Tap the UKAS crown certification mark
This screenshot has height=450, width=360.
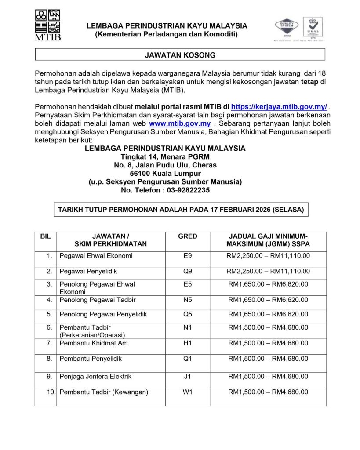tap(313, 27)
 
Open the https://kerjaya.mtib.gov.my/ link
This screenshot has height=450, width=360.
tap(279, 107)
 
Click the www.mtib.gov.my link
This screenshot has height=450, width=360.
tap(180, 123)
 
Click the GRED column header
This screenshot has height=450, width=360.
tap(187, 236)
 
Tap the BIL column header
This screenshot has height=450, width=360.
tap(45, 236)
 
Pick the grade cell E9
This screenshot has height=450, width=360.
tap(187, 256)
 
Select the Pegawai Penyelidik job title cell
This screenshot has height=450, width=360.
tap(88, 271)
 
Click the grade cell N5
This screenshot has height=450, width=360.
tap(187, 300)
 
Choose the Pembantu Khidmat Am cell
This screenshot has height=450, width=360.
tap(94, 343)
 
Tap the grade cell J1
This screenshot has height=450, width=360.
tap(187, 377)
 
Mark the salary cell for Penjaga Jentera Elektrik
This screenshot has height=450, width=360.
tap(268, 377)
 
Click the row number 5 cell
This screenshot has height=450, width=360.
tap(50, 314)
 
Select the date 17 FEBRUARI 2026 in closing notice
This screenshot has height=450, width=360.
tap(235, 210)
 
